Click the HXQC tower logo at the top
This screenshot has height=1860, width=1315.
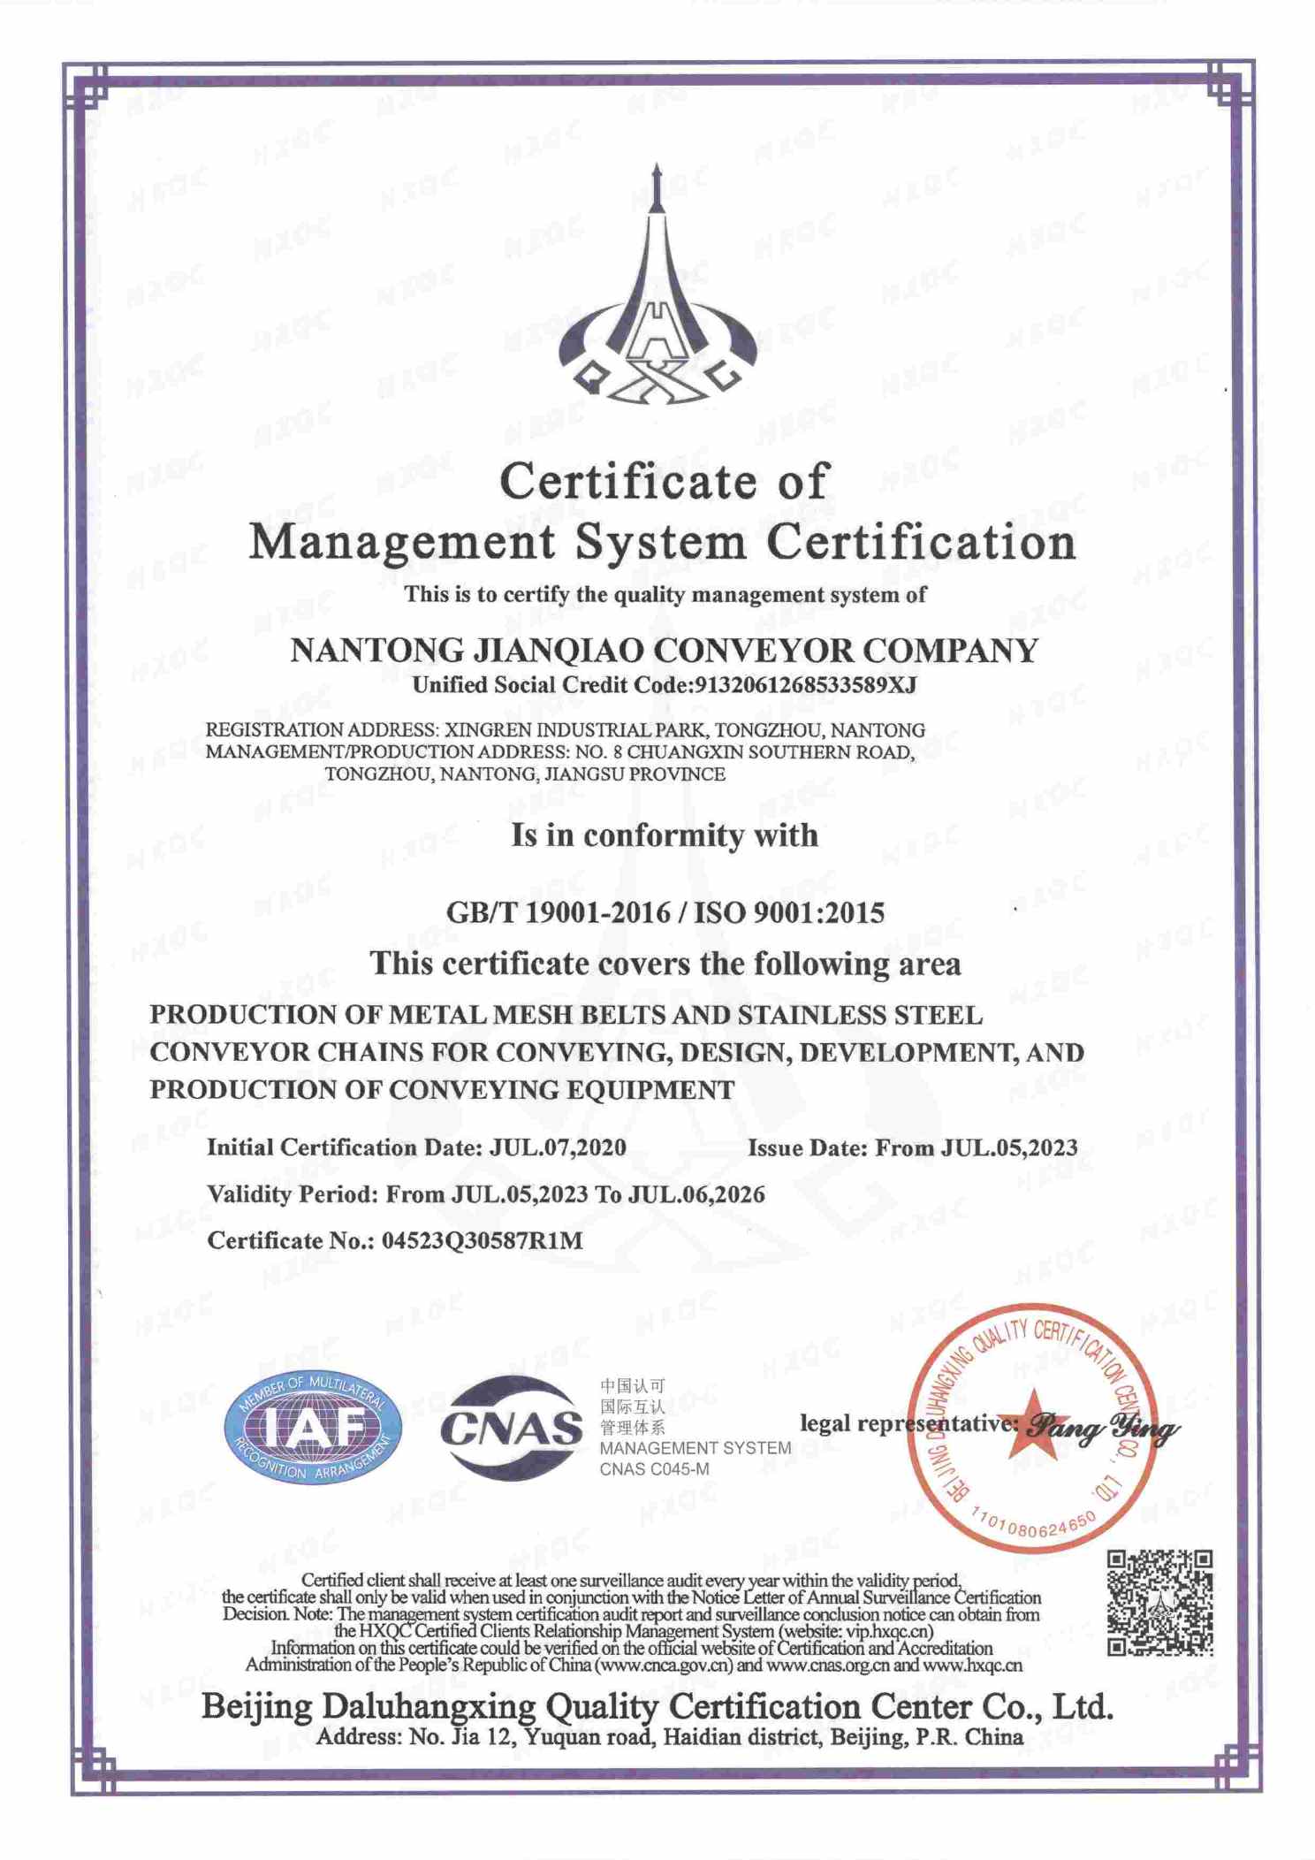click(657, 292)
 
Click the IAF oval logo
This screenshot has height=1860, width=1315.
click(314, 1429)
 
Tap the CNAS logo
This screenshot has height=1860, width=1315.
click(511, 1428)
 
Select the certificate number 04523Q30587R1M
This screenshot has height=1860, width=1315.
click(483, 1240)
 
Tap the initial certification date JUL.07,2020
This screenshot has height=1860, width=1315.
click(558, 1147)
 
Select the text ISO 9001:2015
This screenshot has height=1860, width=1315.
click(789, 912)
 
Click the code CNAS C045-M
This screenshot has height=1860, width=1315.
click(654, 1469)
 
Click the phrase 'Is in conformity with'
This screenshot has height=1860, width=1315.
click(664, 835)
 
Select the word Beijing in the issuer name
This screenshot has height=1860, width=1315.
click(256, 1706)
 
